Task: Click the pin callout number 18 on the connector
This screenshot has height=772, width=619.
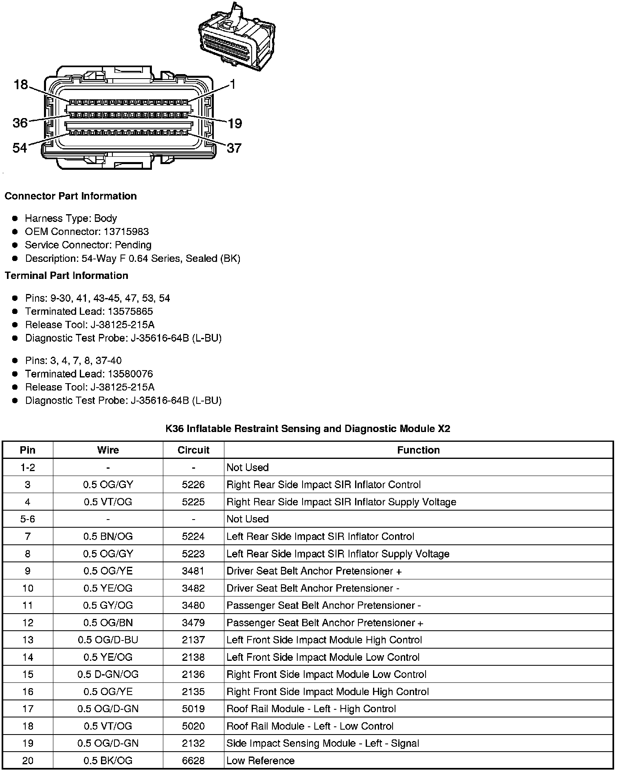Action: coord(20,85)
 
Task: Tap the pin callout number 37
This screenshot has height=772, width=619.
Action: coord(234,148)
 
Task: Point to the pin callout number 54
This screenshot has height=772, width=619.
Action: coord(20,148)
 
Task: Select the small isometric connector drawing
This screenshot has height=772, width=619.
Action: coord(237,39)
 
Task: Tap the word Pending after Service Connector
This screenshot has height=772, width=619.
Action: coord(133,245)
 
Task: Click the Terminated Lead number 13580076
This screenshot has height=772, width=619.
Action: coord(130,374)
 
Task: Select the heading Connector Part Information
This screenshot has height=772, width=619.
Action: coord(70,196)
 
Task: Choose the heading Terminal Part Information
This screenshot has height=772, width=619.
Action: coord(66,276)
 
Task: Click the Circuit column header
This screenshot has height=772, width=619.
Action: coord(193,450)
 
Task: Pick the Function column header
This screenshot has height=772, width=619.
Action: coord(418,450)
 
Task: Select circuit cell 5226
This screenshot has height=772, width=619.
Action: coord(193,485)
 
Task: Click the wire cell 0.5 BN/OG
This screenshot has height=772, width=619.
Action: coord(108,536)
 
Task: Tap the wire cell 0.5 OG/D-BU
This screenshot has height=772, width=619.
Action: coord(108,640)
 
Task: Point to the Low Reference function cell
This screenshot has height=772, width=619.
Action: coord(260,761)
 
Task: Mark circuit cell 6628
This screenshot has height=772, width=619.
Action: coord(193,761)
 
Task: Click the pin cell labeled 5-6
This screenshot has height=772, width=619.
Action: coord(28,519)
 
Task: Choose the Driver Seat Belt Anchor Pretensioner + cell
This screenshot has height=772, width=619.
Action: coord(314,571)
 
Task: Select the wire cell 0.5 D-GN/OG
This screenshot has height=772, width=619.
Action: coord(108,674)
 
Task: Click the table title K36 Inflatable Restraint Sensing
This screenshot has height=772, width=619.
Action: coord(307,428)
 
